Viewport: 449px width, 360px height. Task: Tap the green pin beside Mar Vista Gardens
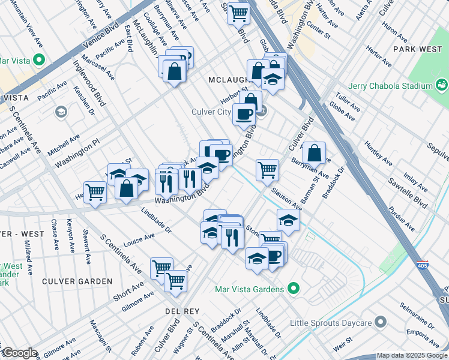point(294,289)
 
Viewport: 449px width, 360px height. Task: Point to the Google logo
point(19,353)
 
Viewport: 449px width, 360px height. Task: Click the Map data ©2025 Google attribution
point(412,355)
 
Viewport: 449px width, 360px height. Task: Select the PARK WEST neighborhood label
point(417,48)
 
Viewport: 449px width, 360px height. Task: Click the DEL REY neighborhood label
point(178,311)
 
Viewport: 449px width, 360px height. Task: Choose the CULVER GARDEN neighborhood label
point(77,281)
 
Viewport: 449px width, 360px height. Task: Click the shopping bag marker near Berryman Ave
point(314,154)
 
